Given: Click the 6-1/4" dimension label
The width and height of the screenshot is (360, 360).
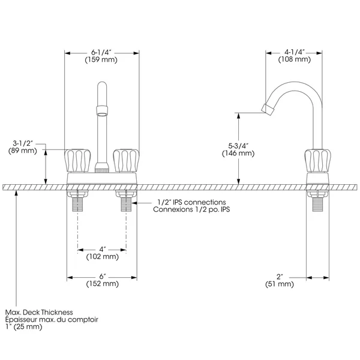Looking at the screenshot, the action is pos(101,53).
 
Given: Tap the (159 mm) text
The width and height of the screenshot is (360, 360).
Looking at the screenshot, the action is pos(101,59).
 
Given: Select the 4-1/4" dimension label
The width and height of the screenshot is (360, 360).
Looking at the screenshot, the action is pos(295,52).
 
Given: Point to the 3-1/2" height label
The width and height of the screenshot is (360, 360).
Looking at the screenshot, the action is pos(23,143).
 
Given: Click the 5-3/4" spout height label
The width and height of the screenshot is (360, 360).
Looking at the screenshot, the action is pos(238,146).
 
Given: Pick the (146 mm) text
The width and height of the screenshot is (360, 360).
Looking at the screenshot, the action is pos(238,153).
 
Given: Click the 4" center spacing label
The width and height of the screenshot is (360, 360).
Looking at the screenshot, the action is pos(103,249).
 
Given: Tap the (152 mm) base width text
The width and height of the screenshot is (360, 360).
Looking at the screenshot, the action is pos(103,284).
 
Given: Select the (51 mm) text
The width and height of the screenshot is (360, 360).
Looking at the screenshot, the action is pos(280,284).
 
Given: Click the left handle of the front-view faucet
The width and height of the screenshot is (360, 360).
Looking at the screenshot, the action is pos(77,160).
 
